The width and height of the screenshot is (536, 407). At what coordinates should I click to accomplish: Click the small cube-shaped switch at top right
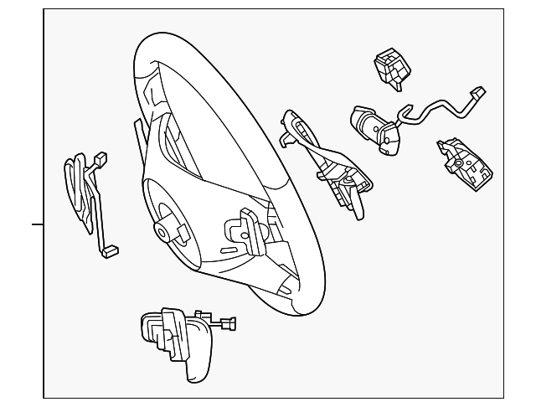[390, 66]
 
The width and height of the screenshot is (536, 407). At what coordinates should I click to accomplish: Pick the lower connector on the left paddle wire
[108, 250]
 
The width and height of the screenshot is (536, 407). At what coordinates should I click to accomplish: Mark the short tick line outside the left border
[38, 224]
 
